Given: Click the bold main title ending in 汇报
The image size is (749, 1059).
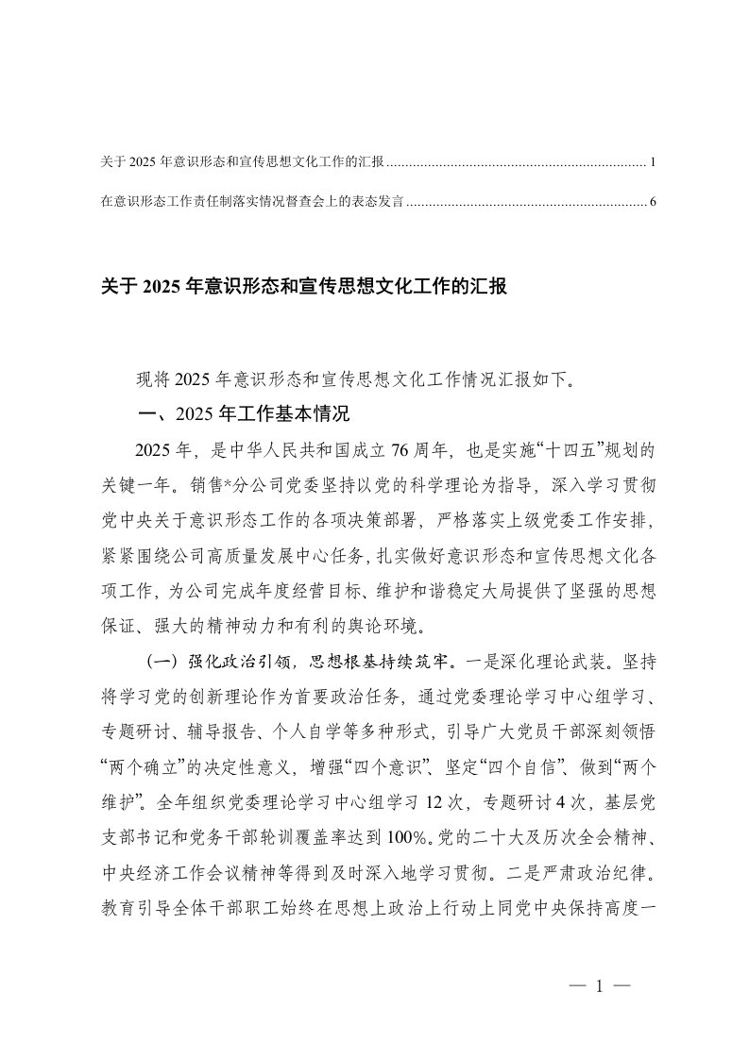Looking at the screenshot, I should tap(304, 287).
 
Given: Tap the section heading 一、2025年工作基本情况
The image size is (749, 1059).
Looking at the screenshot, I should tap(245, 412).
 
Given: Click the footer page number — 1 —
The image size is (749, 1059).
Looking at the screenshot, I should tap(601, 987).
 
